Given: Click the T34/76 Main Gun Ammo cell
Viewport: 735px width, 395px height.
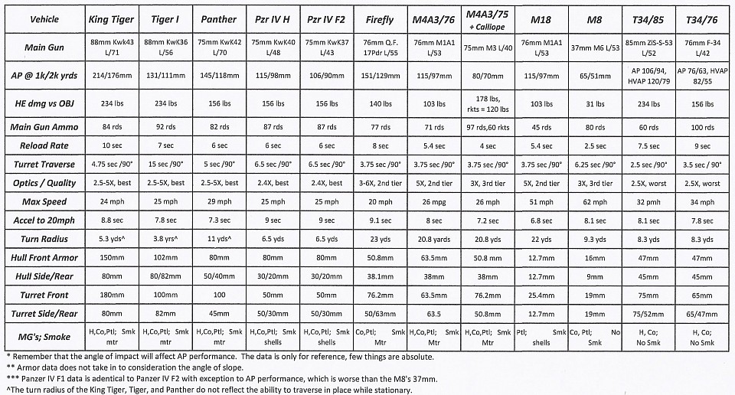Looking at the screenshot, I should coord(700,127).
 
